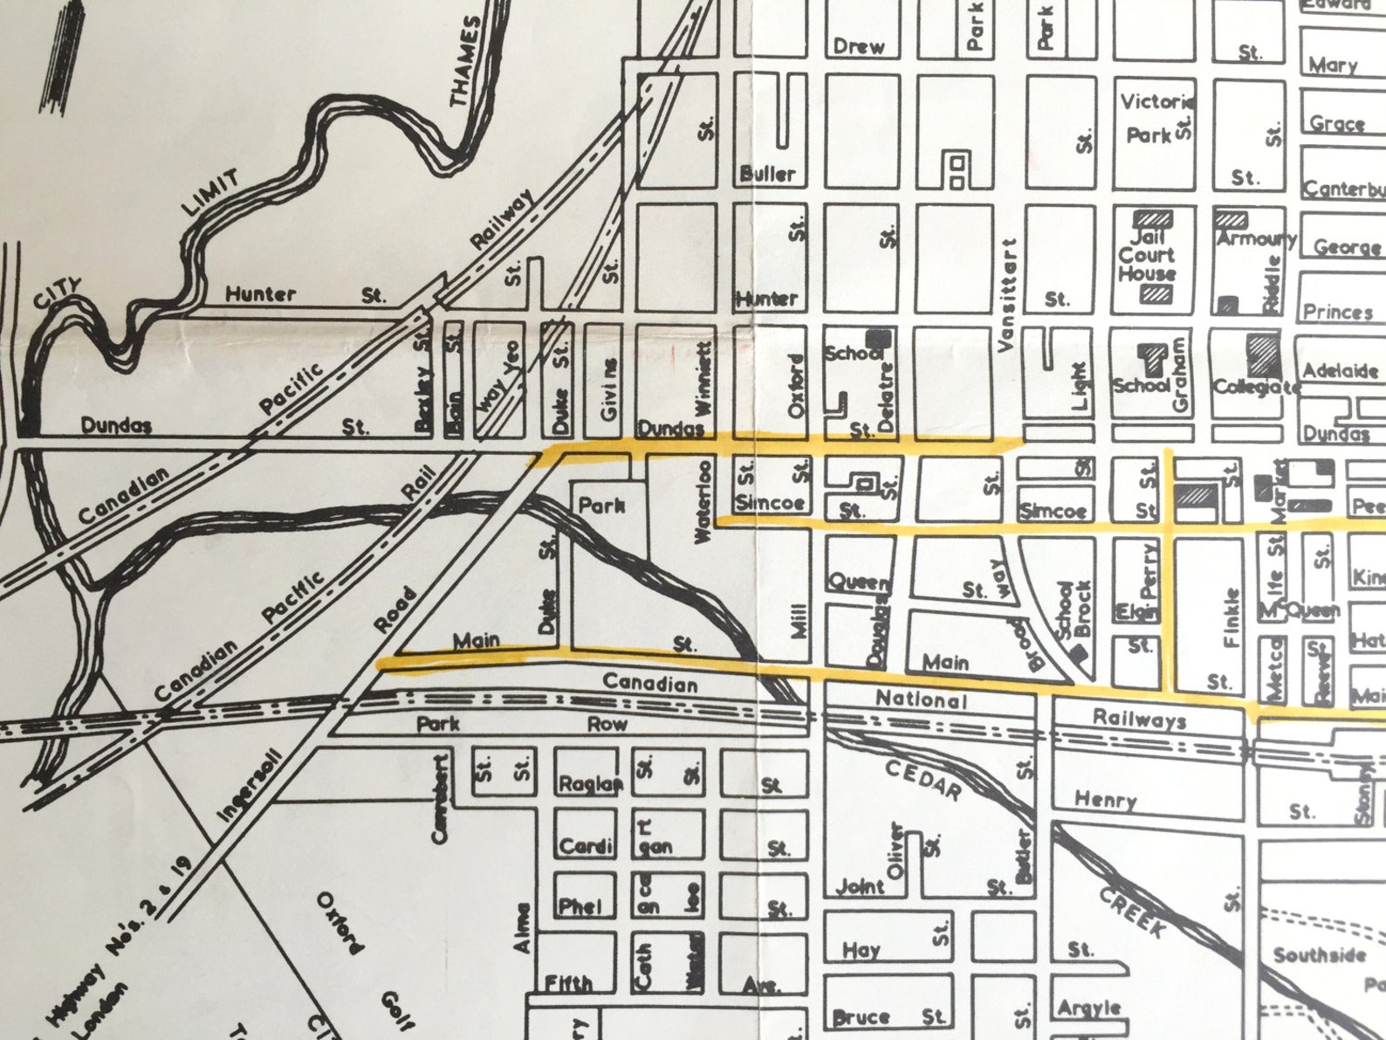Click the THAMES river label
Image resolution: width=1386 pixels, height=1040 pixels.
click(466, 61)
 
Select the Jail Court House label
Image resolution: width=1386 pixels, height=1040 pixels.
click(1147, 254)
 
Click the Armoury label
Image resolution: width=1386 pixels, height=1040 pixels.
click(1256, 238)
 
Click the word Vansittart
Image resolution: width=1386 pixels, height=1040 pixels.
click(1008, 295)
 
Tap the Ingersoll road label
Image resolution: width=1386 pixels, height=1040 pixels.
click(250, 785)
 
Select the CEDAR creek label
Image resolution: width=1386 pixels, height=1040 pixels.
click(923, 779)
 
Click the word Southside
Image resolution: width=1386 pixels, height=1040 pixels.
click(1319, 954)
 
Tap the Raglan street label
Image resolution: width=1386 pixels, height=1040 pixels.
click(590, 783)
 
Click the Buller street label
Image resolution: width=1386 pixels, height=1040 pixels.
click(767, 174)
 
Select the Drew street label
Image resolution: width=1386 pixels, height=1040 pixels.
click(858, 46)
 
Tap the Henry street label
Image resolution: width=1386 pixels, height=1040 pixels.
click(1105, 799)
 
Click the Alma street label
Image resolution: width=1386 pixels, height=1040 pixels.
click(522, 927)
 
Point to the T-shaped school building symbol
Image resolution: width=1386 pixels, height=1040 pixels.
click(1151, 359)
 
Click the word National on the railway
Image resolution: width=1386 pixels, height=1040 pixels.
click(921, 699)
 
